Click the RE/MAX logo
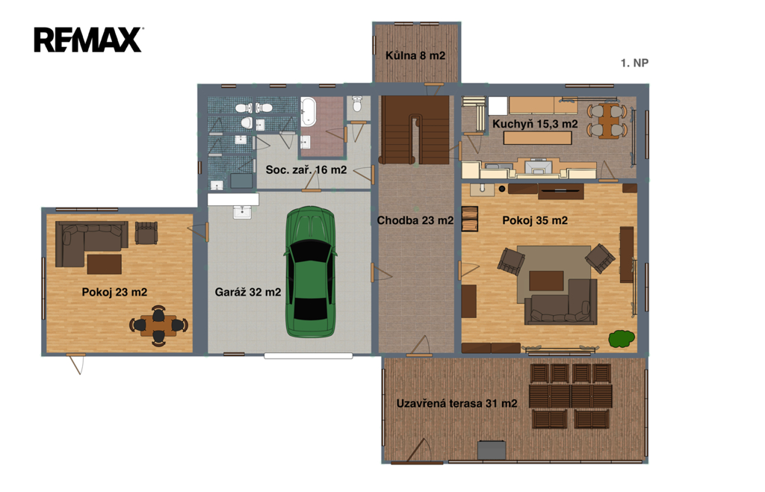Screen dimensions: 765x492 point(88,40)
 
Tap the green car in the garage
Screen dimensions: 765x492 point(311,272)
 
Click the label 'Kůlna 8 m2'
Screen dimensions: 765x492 point(415,55)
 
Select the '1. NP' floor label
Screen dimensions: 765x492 point(634,63)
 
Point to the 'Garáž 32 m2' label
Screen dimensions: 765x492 point(248,292)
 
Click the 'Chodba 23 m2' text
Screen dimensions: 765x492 point(415,220)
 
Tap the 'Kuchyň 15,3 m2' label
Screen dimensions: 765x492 point(535,124)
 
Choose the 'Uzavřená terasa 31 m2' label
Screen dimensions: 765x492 point(456,403)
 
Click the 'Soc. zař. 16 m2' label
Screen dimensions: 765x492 point(306,169)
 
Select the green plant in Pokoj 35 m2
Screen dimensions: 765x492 point(622,338)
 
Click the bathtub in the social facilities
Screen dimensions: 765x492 point(309,112)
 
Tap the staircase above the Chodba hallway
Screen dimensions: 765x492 point(415,130)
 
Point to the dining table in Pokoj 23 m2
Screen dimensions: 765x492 point(158,326)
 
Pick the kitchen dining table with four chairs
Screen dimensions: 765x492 point(607,120)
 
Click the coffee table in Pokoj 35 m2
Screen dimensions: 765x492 point(546,281)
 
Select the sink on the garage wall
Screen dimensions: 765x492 point(242,212)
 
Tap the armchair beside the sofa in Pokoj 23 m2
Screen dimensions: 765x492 point(146,233)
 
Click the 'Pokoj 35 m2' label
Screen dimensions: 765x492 point(535,220)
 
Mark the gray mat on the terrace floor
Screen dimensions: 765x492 point(492,450)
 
